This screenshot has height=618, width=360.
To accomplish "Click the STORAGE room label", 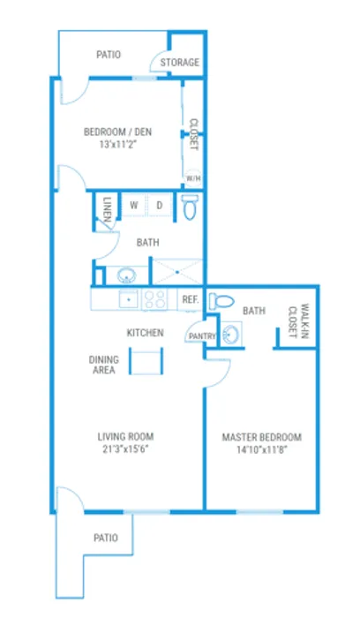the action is coord(180,63).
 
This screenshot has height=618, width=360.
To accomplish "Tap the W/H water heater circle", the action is coord(193,178).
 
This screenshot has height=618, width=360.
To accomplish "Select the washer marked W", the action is coord(134,205).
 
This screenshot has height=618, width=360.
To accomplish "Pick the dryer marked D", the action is coord(160,205).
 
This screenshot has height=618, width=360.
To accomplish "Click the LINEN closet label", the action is coord(107,209).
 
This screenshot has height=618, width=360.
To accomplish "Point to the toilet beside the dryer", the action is coord(189,206).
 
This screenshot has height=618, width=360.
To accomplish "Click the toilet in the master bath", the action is coord(221,302).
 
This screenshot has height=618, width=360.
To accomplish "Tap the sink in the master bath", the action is coord(230,335).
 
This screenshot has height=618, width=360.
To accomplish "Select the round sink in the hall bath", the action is coord(126,275).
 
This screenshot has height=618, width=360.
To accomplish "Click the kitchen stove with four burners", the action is coord(154,299).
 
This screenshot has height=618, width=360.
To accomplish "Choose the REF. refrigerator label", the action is coord(190,299).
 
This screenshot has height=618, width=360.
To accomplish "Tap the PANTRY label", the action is coord(202,336).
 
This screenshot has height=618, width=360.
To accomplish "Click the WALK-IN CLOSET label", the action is coord(298,320).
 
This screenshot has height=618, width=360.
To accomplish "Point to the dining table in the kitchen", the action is coord(146,360).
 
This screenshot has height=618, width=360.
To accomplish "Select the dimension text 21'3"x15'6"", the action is coord(125,448).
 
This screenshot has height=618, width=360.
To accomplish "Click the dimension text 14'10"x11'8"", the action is coord(262,449).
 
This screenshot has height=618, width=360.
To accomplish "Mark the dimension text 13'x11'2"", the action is coord(117,144).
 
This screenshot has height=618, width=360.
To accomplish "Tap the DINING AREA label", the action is coord(103,365).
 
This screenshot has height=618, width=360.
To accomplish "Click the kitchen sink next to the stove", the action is coord(129,299).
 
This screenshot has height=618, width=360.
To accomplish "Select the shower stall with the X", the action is coord(177,272).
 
